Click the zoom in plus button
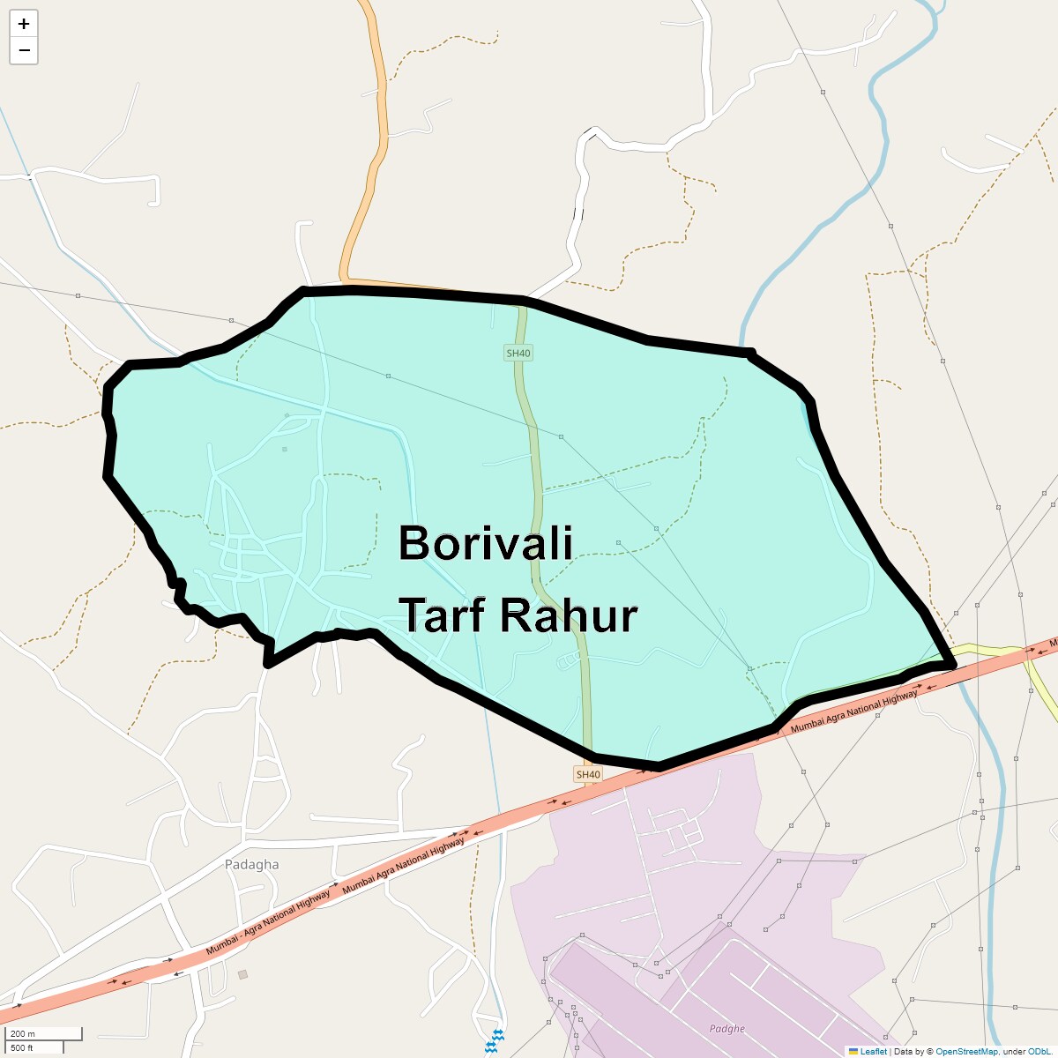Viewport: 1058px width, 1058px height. (x=24, y=24)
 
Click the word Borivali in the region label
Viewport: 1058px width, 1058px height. (x=486, y=543)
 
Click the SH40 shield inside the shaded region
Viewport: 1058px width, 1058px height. (x=518, y=354)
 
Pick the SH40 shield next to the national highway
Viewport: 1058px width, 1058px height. (x=587, y=774)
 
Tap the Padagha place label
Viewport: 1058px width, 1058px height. (x=251, y=864)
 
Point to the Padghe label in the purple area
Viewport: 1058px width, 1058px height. (x=726, y=1029)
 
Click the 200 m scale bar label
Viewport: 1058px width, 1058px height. (x=24, y=1033)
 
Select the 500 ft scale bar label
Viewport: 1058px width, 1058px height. (x=22, y=1047)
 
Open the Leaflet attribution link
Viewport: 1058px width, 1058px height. (x=873, y=1051)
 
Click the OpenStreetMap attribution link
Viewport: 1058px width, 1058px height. (x=966, y=1051)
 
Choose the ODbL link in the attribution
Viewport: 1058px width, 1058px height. (x=1039, y=1051)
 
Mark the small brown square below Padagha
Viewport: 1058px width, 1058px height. (x=243, y=974)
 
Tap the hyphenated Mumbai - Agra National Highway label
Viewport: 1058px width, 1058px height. (x=268, y=922)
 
